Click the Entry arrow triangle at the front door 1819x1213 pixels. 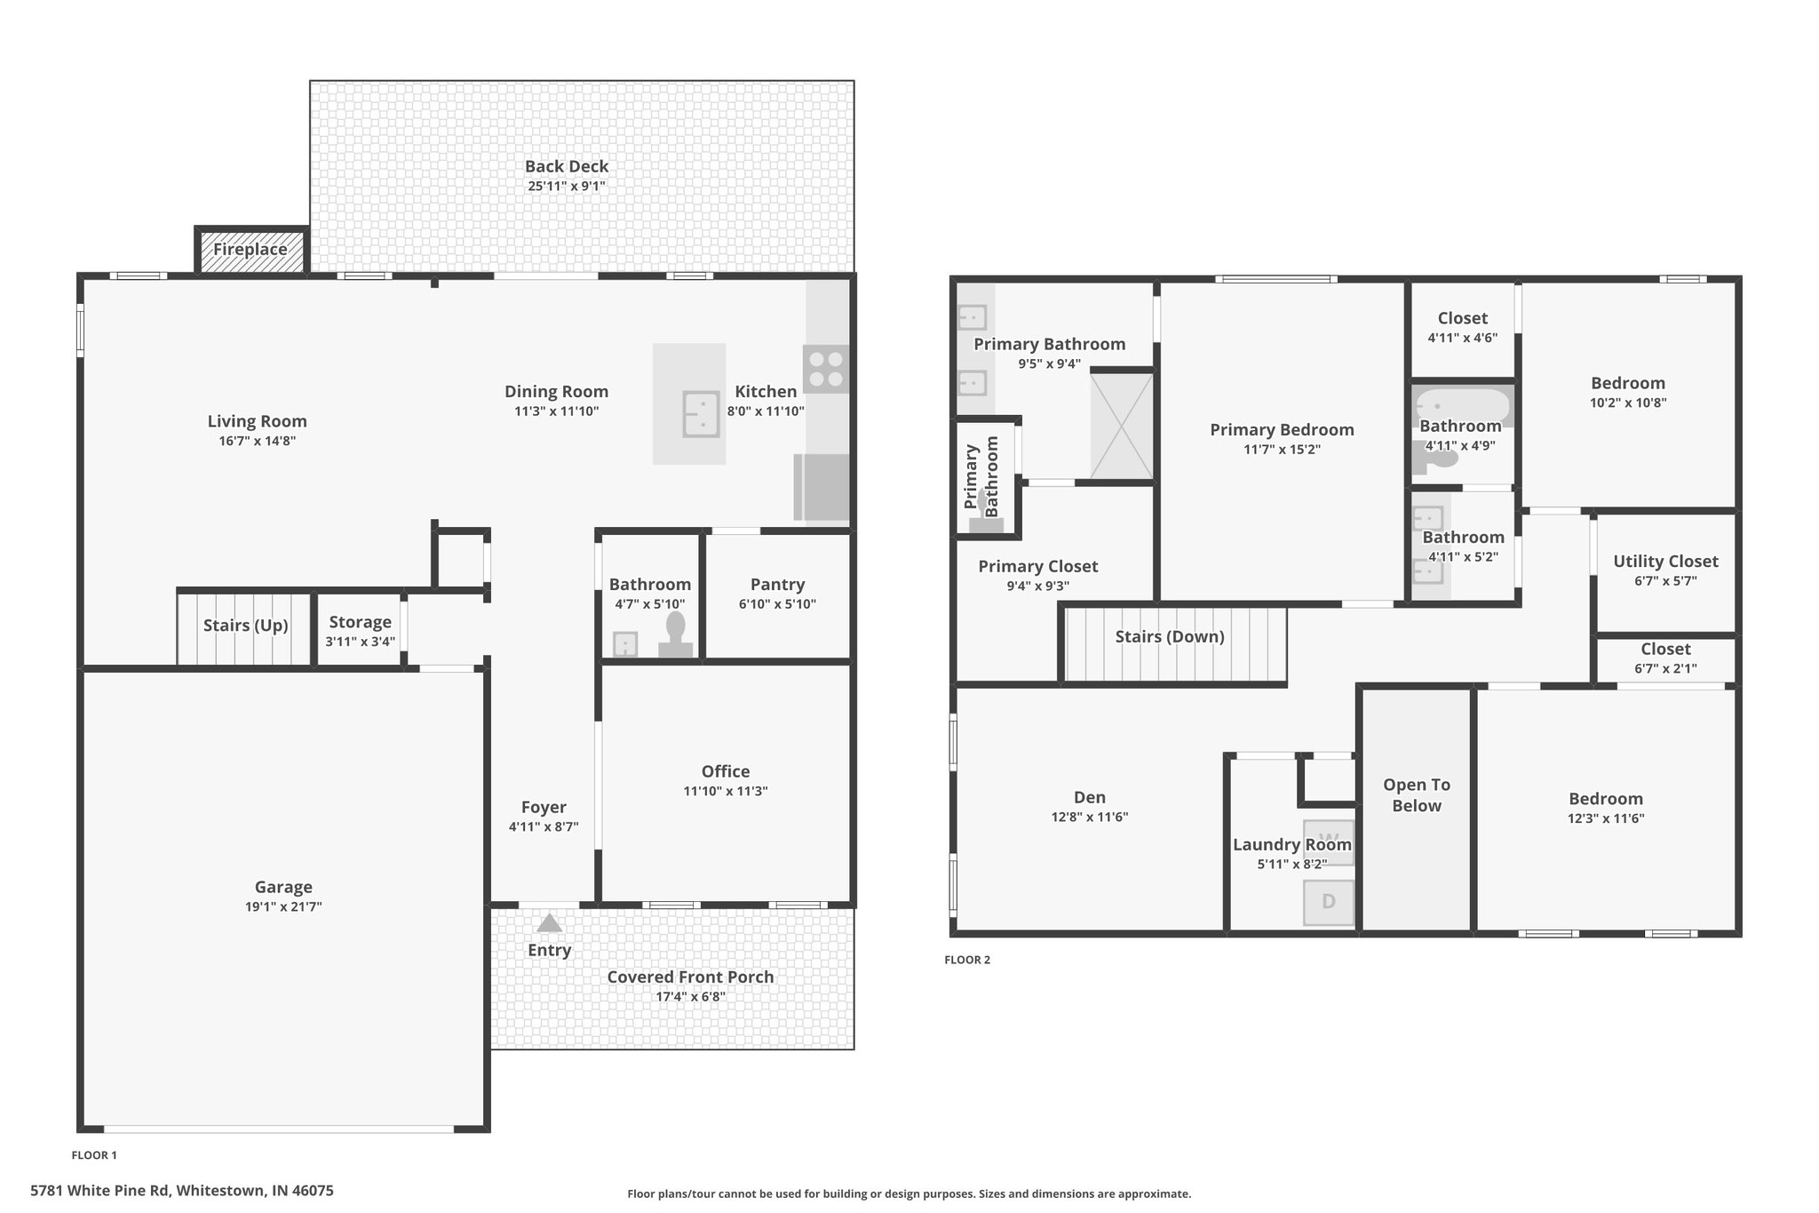[x=550, y=922]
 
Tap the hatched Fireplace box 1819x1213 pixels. [x=251, y=250]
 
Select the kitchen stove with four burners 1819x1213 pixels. [x=826, y=369]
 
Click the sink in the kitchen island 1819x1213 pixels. [x=701, y=414]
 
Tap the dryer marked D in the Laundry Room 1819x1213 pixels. [x=1329, y=902]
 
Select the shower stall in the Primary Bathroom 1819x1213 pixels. [x=1122, y=426]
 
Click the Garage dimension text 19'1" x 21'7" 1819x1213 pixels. [x=283, y=906]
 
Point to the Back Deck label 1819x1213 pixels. [x=567, y=166]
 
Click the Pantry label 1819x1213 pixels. [x=777, y=584]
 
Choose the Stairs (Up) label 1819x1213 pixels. [x=246, y=626]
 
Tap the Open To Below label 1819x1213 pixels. [x=1417, y=795]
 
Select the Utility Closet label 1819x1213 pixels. [x=1665, y=562]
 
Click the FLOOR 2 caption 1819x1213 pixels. [x=967, y=960]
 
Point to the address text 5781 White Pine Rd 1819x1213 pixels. [x=100, y=1191]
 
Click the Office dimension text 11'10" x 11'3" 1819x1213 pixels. [x=726, y=791]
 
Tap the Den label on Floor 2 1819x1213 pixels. [x=1090, y=797]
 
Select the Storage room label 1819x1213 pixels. [x=360, y=622]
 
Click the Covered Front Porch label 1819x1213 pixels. [x=690, y=977]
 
